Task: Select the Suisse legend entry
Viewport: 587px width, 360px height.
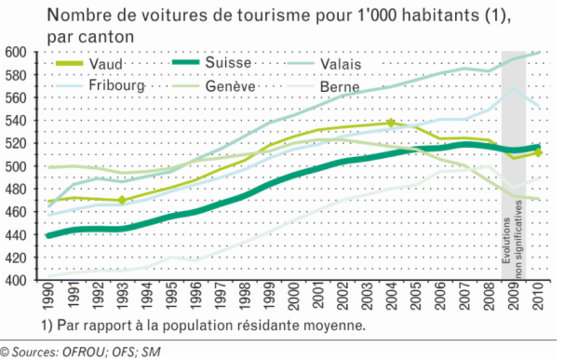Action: [x=229, y=63]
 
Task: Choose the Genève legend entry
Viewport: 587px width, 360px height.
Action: [x=230, y=86]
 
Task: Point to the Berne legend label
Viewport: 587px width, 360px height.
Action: [x=340, y=87]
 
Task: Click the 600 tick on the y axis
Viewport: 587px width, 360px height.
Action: [x=16, y=53]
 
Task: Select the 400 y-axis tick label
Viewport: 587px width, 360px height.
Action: [x=16, y=281]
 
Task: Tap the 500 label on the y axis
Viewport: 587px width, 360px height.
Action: [x=16, y=166]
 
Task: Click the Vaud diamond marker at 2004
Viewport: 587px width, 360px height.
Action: [x=391, y=123]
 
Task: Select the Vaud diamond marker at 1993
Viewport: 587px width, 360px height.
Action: [x=122, y=200]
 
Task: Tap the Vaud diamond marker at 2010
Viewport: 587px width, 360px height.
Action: [x=539, y=153]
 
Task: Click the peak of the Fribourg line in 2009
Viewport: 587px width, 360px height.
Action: [x=513, y=89]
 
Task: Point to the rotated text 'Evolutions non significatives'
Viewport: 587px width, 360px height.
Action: [x=514, y=242]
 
